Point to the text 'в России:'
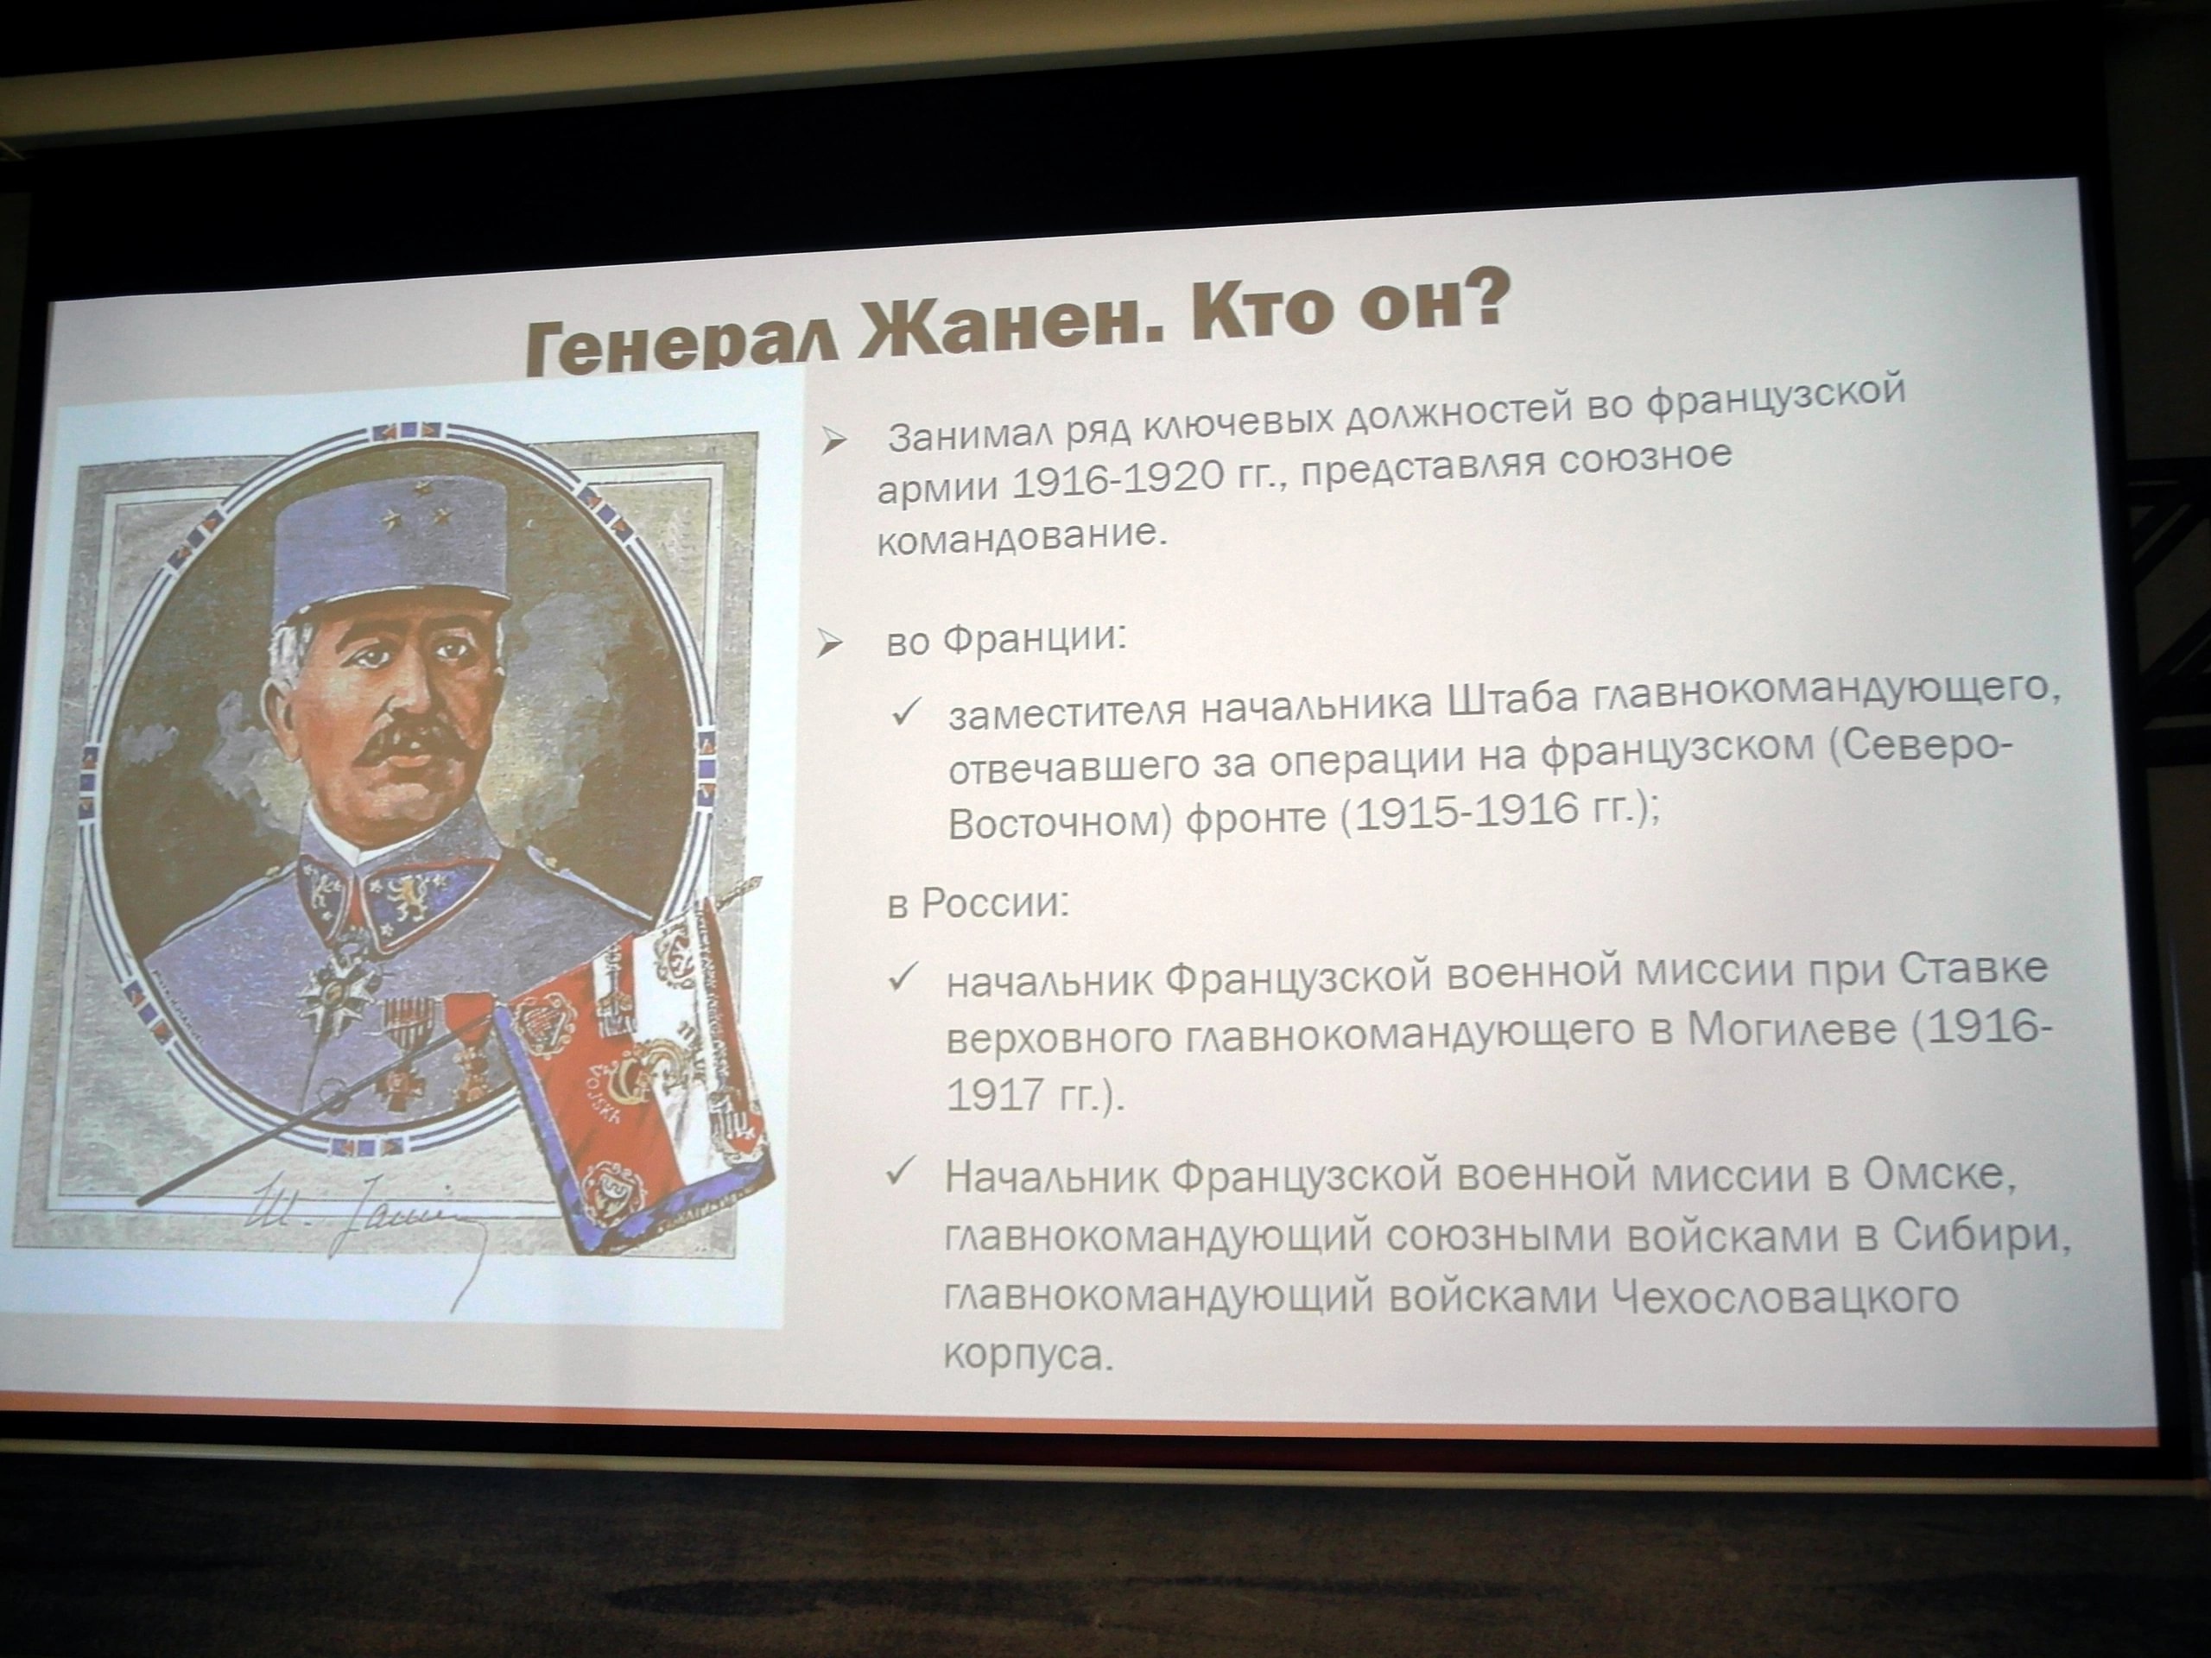[x=978, y=903]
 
